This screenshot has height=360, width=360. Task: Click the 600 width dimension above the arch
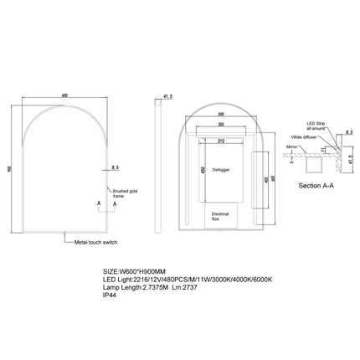click(64, 93)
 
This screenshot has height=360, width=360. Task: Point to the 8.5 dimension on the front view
click(117, 167)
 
